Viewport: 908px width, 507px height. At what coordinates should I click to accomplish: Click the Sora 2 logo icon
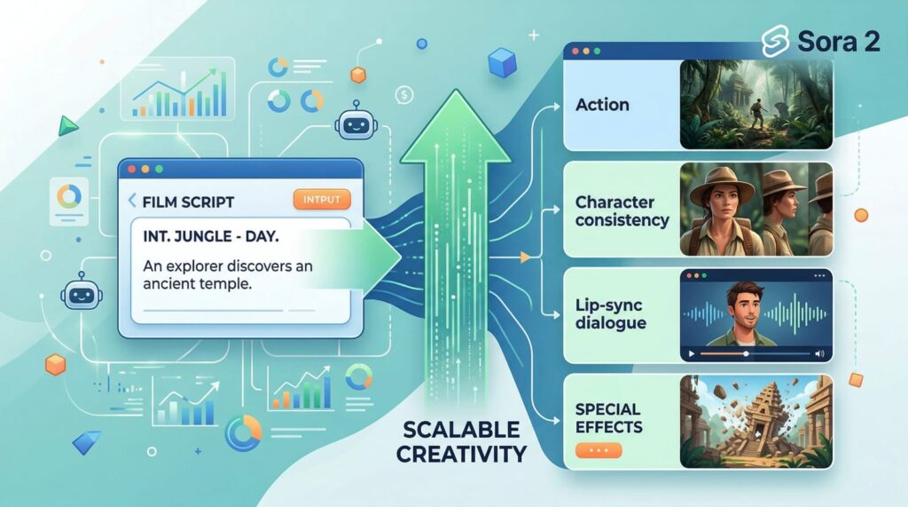[x=776, y=41]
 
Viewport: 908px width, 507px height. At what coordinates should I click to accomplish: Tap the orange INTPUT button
[x=321, y=199]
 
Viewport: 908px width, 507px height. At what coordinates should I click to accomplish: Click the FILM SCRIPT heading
[x=188, y=202]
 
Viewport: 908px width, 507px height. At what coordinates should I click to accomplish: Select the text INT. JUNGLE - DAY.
[x=210, y=236]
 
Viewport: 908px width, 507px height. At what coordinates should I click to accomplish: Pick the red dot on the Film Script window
[x=131, y=168]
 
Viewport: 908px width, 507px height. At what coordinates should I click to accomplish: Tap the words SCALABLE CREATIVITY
[x=461, y=442]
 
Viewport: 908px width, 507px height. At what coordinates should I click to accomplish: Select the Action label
[x=602, y=105]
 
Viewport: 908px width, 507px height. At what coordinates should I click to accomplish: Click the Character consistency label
[x=622, y=211]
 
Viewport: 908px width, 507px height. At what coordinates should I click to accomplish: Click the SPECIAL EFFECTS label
[x=607, y=417]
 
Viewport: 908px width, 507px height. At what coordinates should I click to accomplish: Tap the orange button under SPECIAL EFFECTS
[x=599, y=450]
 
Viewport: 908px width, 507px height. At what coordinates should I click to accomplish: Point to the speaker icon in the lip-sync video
[x=819, y=353]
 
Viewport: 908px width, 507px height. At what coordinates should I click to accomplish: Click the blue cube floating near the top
[x=502, y=62]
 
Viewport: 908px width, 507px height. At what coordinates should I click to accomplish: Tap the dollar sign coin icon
[x=404, y=93]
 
